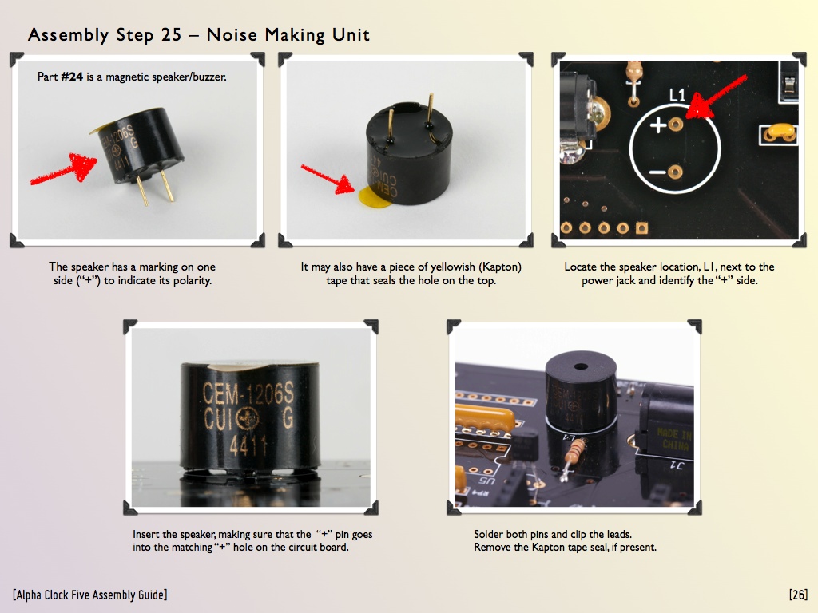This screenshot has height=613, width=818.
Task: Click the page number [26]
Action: click(798, 595)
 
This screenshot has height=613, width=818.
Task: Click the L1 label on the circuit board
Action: click(677, 95)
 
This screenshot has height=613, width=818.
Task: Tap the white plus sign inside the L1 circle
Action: click(658, 125)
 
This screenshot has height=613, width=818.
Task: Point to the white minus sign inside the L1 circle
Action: click(657, 172)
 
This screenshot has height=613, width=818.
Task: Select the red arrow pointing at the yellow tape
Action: click(328, 180)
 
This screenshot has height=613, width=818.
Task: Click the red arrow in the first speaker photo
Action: click(64, 168)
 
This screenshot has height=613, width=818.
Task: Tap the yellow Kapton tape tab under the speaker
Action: click(373, 196)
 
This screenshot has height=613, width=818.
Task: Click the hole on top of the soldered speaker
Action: click(581, 367)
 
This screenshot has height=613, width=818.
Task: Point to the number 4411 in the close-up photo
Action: click(249, 445)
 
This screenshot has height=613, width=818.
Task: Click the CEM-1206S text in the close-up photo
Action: click(248, 394)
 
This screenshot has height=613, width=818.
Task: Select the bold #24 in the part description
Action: click(72, 77)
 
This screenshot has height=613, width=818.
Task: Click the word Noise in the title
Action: click(232, 35)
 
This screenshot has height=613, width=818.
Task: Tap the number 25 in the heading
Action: click(171, 35)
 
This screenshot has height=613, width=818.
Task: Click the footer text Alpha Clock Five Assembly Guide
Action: click(90, 595)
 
